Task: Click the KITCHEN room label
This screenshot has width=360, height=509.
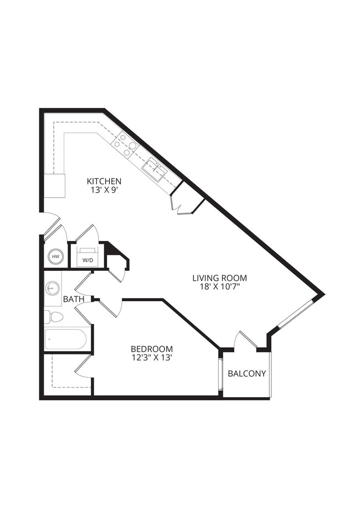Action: [x=104, y=181]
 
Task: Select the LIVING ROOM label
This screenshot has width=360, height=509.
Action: [x=220, y=277]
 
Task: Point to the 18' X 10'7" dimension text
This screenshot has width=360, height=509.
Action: [x=220, y=287]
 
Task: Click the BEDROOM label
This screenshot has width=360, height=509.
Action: [x=151, y=348]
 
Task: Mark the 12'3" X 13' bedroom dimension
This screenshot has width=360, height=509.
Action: [x=151, y=358]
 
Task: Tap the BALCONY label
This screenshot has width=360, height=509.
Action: [x=247, y=373]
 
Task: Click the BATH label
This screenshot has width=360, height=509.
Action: [x=74, y=299]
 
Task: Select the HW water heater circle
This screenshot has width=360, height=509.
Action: [x=55, y=256]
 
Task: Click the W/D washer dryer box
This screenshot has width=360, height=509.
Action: [x=88, y=259]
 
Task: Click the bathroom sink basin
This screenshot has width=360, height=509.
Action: [x=53, y=289]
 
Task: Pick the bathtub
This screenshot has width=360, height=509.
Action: [x=66, y=339]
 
